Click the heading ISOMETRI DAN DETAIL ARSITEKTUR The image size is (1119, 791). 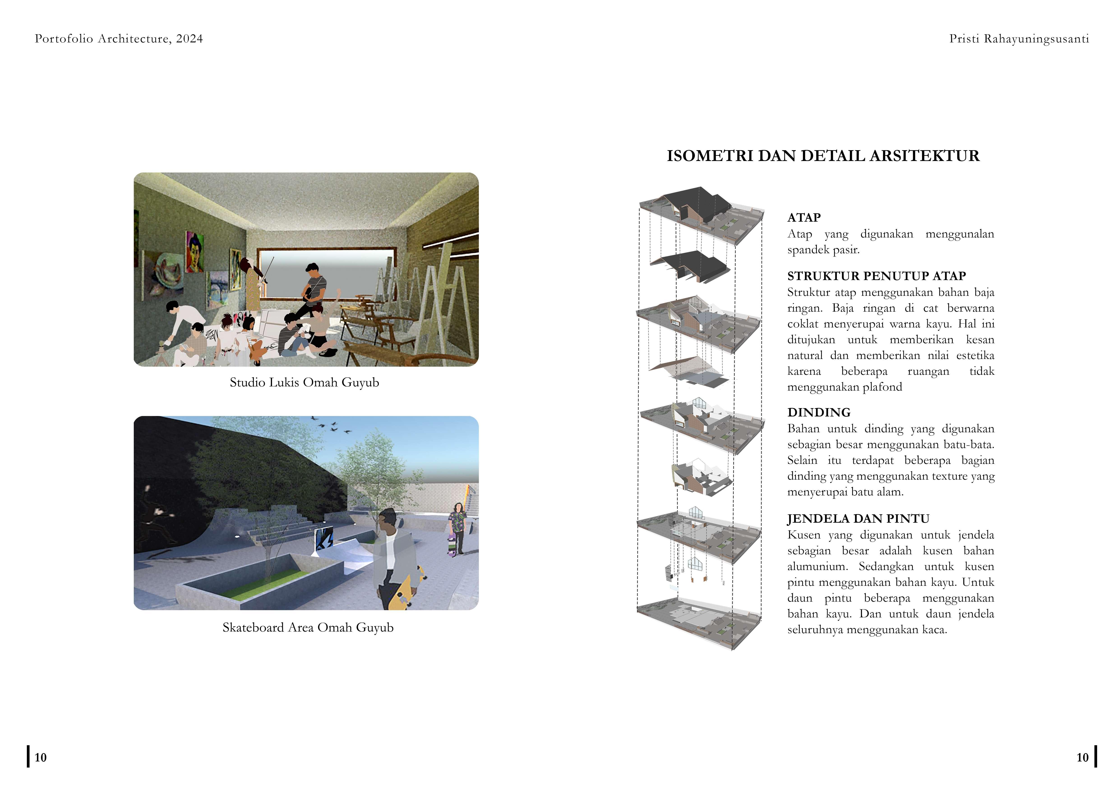[823, 156]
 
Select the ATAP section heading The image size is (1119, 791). [804, 217]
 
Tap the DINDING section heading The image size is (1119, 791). [819, 412]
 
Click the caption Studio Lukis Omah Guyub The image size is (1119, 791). [304, 382]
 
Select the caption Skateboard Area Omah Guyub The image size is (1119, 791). [307, 627]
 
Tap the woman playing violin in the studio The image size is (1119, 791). [254, 287]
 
